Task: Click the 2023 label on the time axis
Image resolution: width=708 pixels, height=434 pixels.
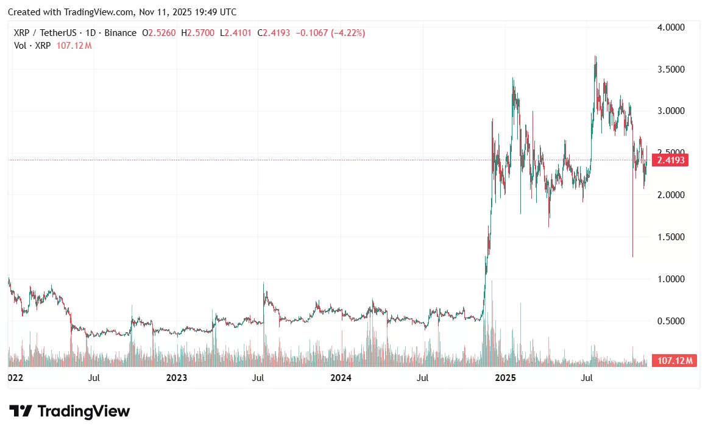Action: point(177,378)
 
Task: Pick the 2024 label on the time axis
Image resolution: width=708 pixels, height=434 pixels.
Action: point(341,378)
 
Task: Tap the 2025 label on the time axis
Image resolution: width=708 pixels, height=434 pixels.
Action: point(505,378)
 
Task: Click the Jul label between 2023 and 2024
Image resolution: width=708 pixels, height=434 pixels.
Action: point(258,378)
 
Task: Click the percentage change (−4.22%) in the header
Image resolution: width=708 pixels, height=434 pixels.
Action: point(347,33)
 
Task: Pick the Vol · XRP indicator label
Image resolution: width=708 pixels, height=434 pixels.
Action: point(34,46)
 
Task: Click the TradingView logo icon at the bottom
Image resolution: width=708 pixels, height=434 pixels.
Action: point(20,411)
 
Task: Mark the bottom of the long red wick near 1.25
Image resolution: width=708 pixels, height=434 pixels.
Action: point(632,257)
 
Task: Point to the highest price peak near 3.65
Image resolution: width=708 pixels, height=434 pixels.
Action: point(595,57)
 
